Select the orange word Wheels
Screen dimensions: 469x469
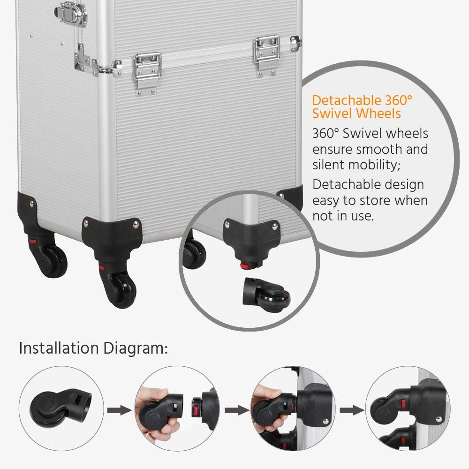(378, 113)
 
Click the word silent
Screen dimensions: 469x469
(330, 165)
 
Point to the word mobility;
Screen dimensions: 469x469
(380, 165)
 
